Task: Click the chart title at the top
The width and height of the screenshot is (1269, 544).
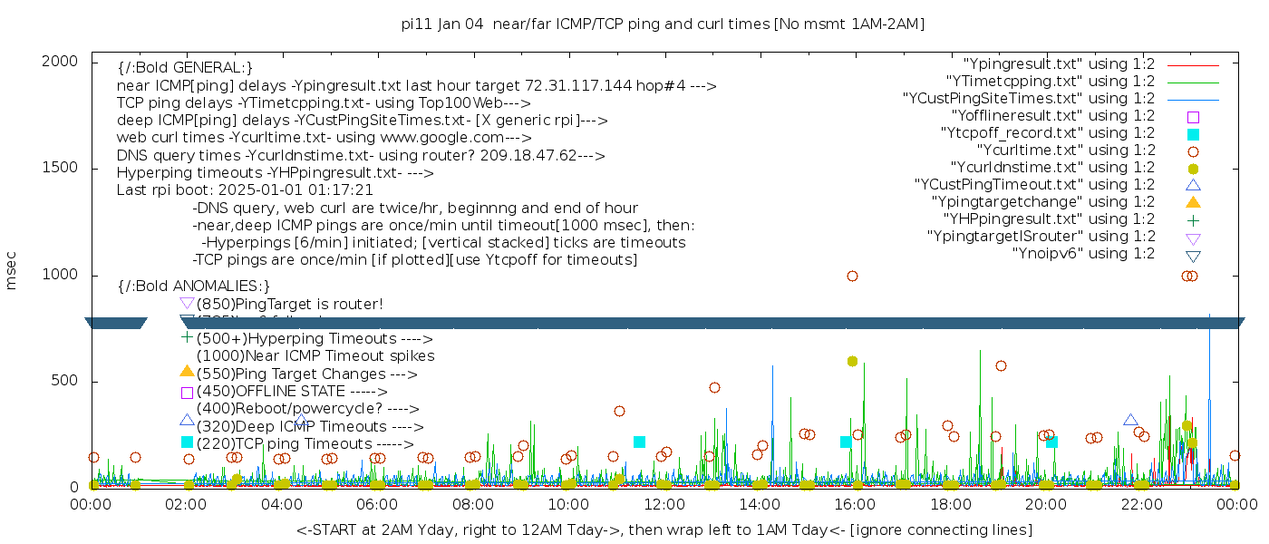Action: tap(663, 24)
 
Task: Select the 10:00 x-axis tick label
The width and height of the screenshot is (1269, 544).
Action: tap(568, 504)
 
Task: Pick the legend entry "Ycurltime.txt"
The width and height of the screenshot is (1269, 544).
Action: tap(1066, 151)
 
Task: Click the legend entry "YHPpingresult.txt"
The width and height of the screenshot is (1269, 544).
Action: tap(1049, 219)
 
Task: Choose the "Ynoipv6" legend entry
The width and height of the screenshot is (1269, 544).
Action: tap(1083, 254)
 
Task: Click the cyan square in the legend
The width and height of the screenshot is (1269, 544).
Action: tap(1193, 134)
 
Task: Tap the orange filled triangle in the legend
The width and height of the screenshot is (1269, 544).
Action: tap(1193, 201)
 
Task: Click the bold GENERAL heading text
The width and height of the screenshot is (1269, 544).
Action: tap(185, 68)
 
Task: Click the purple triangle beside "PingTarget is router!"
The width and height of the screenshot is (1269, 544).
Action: tap(187, 303)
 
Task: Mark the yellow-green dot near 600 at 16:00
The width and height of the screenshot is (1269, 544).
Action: tap(852, 361)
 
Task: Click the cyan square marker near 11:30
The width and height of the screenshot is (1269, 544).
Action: tap(639, 442)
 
